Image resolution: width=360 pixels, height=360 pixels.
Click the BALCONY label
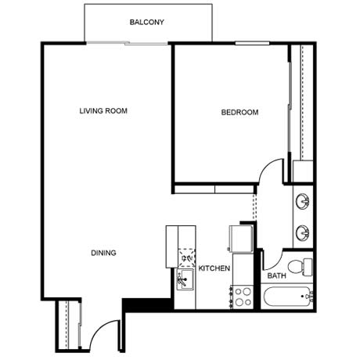(x=147, y=22)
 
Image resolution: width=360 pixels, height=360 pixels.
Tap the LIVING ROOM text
(x=103, y=111)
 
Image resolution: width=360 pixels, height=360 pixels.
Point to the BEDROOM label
(x=239, y=113)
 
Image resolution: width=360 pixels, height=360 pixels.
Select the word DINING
(x=103, y=253)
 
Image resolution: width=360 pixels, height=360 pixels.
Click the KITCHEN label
(x=214, y=268)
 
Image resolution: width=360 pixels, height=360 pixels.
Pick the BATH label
(x=276, y=275)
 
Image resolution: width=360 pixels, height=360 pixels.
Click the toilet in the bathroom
(x=300, y=267)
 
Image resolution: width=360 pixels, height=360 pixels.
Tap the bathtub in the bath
(x=288, y=297)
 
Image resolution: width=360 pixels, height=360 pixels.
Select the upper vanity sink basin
(x=303, y=201)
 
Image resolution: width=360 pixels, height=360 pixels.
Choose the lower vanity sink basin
(x=303, y=232)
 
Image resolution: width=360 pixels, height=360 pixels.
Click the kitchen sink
(x=185, y=279)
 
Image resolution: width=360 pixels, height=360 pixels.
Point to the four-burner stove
(x=242, y=297)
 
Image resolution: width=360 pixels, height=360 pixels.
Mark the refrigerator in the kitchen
(x=241, y=239)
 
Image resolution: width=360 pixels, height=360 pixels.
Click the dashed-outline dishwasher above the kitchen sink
(x=187, y=257)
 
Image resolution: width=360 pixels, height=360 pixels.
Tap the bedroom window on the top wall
(x=252, y=43)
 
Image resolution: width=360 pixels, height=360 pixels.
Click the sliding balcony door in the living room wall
(x=127, y=43)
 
